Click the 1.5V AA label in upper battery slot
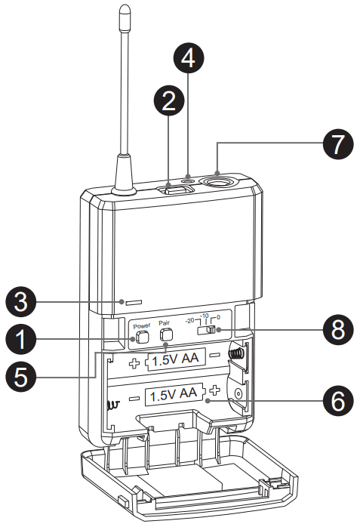[x=174, y=360]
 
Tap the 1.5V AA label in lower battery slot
[x=174, y=394]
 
